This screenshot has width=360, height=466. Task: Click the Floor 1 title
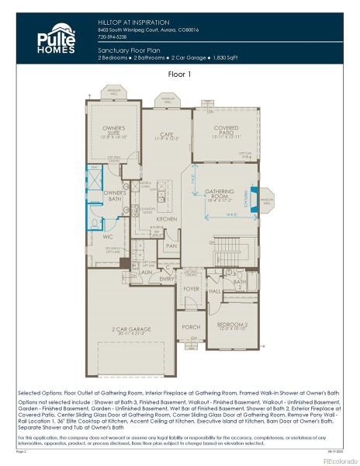(x=180, y=75)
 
